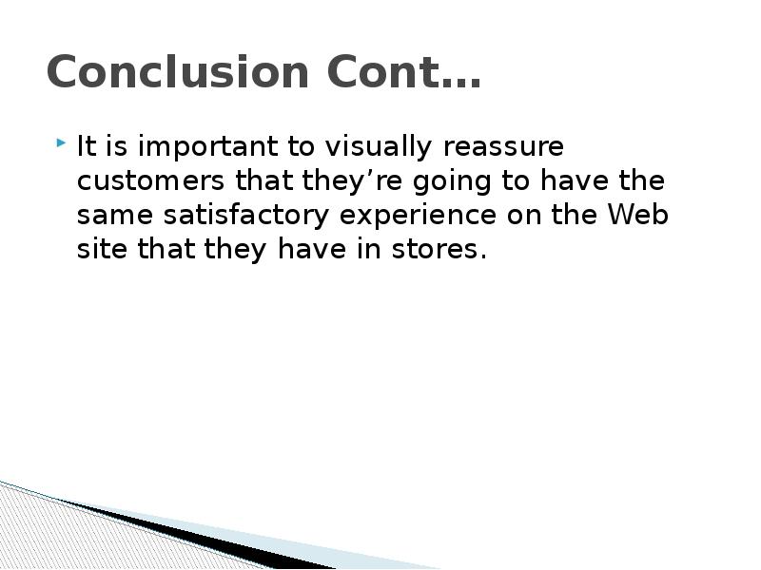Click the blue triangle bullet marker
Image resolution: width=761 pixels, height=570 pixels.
pyautogui.click(x=61, y=144)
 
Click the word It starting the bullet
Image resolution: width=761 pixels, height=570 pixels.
pyautogui.click(x=86, y=149)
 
